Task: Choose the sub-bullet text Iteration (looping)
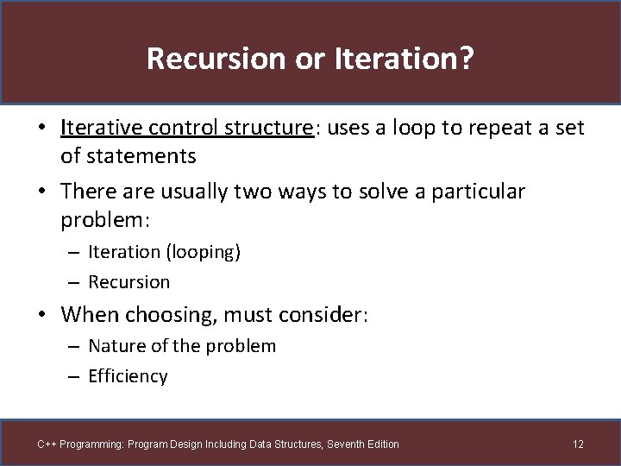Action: (163, 252)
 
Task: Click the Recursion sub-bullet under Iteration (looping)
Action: (129, 282)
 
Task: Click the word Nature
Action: (116, 346)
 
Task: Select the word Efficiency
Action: (128, 376)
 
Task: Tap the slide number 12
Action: (578, 444)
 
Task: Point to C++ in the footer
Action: (47, 444)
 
